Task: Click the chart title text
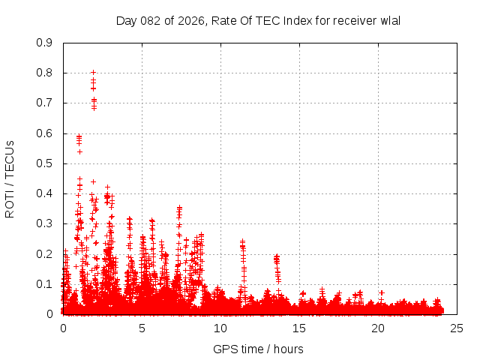tap(258, 20)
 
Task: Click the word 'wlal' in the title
tap(389, 20)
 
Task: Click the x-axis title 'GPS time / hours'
tap(258, 349)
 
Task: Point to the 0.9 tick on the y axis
tap(44, 43)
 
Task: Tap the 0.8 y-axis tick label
tap(44, 73)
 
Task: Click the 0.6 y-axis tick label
tap(44, 133)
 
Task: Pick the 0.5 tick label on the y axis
tap(44, 163)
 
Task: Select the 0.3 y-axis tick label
tap(44, 223)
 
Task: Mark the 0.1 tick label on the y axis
tap(44, 284)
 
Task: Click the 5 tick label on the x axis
tap(142, 328)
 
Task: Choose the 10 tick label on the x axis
tap(220, 328)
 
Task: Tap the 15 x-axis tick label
tap(299, 328)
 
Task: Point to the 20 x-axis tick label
tap(378, 328)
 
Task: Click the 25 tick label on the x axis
tap(457, 328)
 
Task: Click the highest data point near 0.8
tap(93, 73)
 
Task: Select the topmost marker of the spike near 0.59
tap(79, 136)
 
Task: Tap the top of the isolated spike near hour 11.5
tap(242, 241)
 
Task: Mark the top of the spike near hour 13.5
tap(276, 256)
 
